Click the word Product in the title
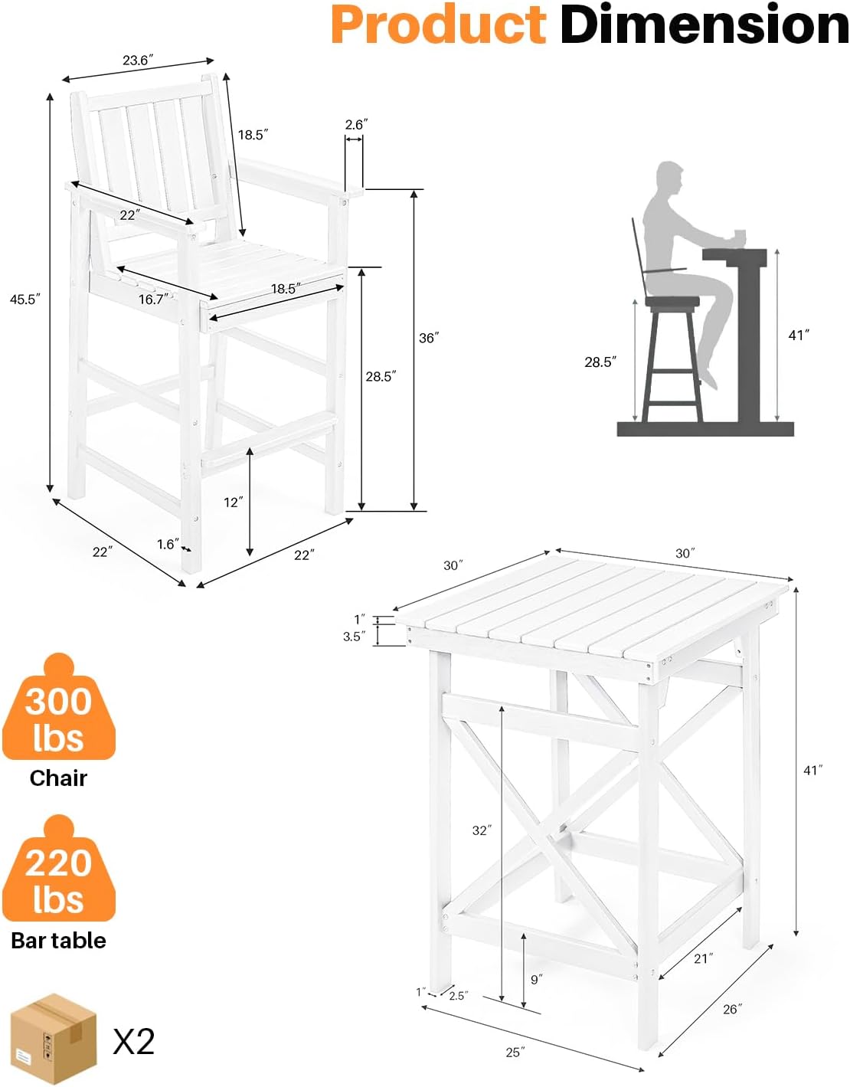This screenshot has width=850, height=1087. pos(438,25)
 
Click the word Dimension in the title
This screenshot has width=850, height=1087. pos(704,25)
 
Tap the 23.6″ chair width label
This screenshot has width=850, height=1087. pos(138,61)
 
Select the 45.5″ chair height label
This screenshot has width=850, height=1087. pos(24,300)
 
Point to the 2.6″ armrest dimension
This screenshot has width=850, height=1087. pos(356,125)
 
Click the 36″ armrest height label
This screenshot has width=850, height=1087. pos(429,338)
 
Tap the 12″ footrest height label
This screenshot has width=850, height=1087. pos(233,503)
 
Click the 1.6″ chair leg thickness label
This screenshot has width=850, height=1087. pos(168,545)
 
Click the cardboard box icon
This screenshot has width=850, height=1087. pos(53,1039)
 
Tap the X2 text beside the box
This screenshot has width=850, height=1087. pos(134,1042)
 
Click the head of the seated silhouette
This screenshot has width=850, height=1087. pos(669,179)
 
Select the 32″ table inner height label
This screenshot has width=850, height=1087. pos(482,830)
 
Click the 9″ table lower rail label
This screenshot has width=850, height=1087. pos(536,980)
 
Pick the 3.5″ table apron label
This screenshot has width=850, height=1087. pos(352,637)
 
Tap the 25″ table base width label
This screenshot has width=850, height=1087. pos(515,1053)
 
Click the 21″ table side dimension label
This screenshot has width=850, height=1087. pos(703,958)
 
